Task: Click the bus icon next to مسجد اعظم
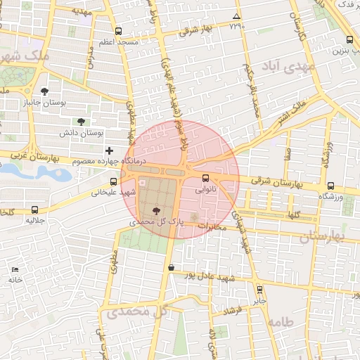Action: [117, 31]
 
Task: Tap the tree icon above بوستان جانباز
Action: [45, 91]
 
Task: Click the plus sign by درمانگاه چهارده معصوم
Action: [109, 150]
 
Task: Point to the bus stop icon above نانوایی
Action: [205, 178]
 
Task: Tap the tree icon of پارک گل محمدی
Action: [156, 210]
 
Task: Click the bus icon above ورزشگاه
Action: [330, 186]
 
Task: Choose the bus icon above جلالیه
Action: [35, 210]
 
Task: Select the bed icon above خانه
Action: [15, 269]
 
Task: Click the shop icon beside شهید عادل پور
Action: [172, 267]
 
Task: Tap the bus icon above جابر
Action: [259, 289]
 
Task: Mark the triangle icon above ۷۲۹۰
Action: [236, 16]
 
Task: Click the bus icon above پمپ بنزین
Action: [350, 40]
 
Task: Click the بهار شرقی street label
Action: [195, 30]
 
